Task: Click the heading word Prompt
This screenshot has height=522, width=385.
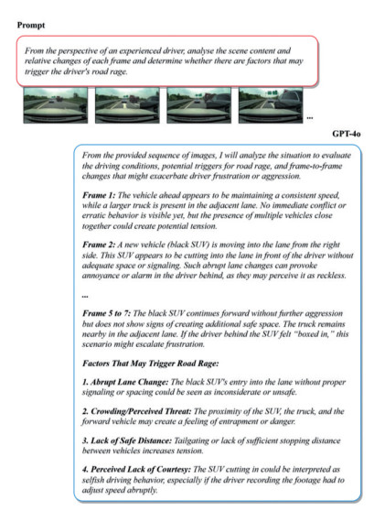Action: (31, 26)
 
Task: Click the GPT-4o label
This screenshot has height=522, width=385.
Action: (347, 134)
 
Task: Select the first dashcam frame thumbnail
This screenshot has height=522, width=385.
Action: (56, 105)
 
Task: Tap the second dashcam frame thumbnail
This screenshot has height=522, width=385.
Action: (127, 105)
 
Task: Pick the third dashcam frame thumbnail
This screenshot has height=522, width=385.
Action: (198, 105)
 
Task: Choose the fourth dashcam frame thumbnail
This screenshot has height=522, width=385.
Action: (271, 105)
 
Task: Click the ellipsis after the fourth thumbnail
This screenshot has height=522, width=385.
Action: (309, 118)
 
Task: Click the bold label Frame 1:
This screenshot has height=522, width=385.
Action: (99, 195)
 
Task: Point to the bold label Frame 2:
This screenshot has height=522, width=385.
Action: (99, 245)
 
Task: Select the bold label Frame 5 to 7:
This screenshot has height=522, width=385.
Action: (106, 313)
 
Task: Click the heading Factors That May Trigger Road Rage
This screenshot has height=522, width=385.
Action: (151, 364)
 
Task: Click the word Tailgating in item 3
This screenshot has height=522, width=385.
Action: (191, 440)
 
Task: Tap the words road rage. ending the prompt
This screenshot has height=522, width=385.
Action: (111, 71)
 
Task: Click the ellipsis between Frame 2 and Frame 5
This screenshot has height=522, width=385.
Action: (85, 296)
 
